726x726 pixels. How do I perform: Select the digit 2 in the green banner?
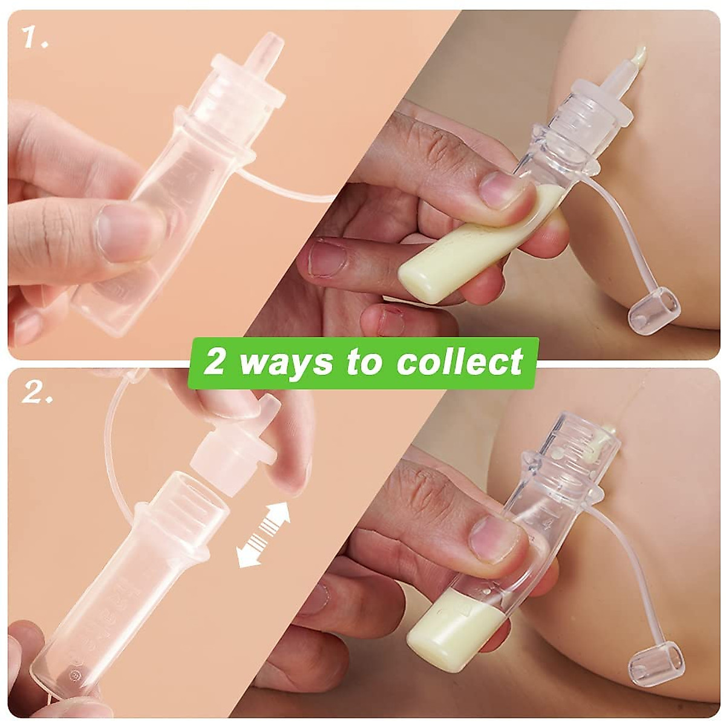[x=214, y=362]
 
